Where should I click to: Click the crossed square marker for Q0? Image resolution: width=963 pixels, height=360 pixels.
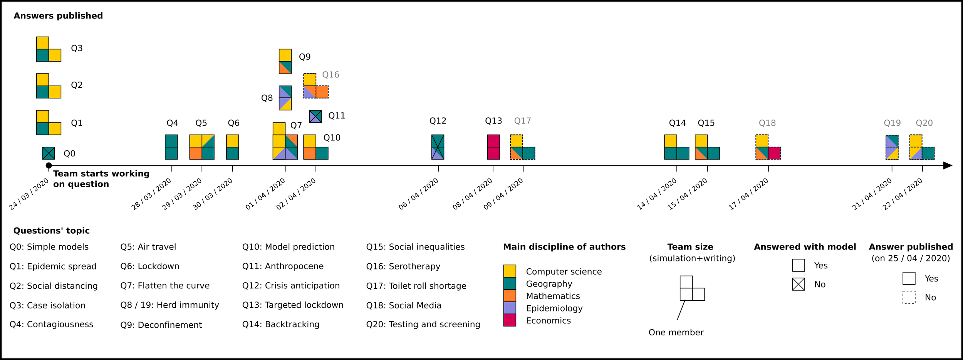pos(49,153)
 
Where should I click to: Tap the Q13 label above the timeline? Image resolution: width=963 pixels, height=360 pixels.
pos(493,121)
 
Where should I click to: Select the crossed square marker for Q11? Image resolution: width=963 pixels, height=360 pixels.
pos(315,116)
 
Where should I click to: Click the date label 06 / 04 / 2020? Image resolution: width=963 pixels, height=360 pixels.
pos(418,194)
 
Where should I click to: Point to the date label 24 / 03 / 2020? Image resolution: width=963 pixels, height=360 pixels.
pos(29,194)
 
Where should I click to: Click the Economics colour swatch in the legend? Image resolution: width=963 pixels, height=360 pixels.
pos(510,320)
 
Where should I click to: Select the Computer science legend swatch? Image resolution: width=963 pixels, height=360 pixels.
pos(510,271)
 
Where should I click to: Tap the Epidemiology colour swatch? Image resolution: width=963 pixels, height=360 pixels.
pos(510,308)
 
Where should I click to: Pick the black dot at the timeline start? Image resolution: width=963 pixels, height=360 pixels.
pos(49,166)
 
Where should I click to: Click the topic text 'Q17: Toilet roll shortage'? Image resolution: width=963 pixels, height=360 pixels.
pos(416,286)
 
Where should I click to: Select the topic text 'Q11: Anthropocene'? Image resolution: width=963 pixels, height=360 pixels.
pos(283,266)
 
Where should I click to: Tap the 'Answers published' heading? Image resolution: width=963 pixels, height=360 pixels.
pos(58,16)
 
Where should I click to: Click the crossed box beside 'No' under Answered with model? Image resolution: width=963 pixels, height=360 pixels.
pos(799,284)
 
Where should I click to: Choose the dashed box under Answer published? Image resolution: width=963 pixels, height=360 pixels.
pos(909,297)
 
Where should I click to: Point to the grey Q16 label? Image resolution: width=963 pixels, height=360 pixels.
pos(331,75)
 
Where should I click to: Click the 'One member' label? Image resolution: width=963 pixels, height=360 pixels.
pos(676,333)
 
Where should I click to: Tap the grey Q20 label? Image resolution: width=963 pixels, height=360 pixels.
pos(924,123)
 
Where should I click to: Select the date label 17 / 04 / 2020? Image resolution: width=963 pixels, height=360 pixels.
pos(748,194)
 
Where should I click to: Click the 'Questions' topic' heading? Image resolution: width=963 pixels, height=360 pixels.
pos(51,231)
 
